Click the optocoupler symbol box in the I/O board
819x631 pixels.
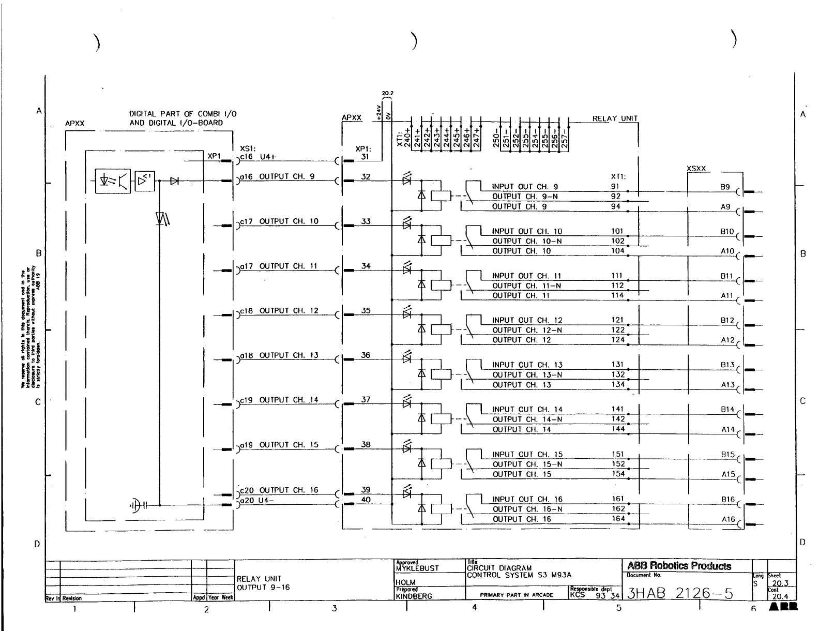pyautogui.click(x=113, y=181)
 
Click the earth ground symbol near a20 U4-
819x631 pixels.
pyautogui.click(x=136, y=505)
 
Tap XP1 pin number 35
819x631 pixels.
pyautogui.click(x=366, y=311)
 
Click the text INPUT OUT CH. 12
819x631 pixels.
pyautogui.click(x=527, y=321)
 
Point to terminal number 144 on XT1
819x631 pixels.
pyautogui.click(x=618, y=429)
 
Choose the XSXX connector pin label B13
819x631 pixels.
pyautogui.click(x=727, y=365)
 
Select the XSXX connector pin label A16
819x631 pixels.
pyautogui.click(x=728, y=519)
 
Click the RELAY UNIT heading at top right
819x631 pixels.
pyautogui.click(x=615, y=118)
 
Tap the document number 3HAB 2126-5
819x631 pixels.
pyautogui.click(x=680, y=593)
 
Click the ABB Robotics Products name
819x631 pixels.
pyautogui.click(x=679, y=566)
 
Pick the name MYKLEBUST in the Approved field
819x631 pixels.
pyautogui.click(x=417, y=568)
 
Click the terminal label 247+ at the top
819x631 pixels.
pyautogui.click(x=477, y=139)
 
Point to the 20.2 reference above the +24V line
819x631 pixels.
pyautogui.click(x=387, y=94)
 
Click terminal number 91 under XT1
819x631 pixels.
pyautogui.click(x=615, y=187)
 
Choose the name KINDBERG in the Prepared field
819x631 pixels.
pyautogui.click(x=414, y=596)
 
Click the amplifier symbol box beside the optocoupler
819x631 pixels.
pyautogui.click(x=145, y=181)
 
